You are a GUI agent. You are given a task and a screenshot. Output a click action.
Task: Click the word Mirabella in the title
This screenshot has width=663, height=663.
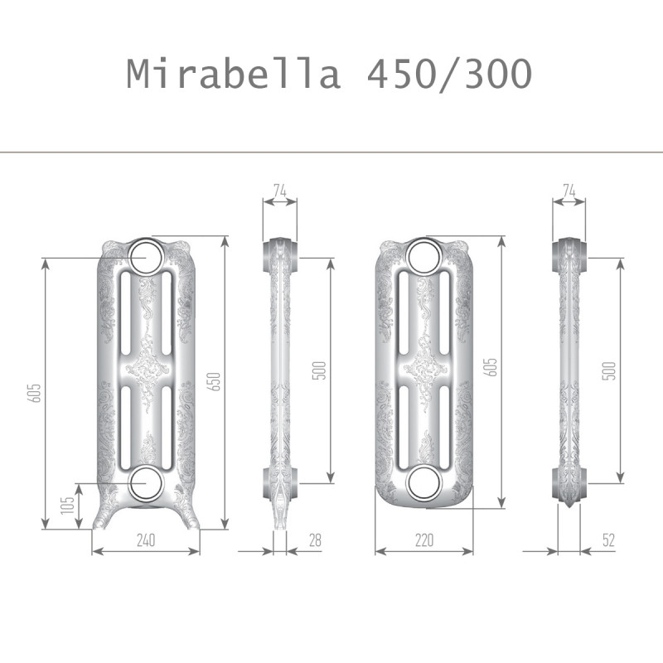click(234, 74)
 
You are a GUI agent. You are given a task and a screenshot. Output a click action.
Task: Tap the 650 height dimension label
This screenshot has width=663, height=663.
click(215, 381)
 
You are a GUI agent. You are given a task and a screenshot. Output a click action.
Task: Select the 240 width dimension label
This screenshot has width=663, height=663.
click(146, 540)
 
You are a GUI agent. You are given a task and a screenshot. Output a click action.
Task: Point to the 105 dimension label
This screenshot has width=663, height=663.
click(67, 506)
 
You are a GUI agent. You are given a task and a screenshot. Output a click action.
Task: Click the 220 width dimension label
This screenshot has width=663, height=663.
click(424, 540)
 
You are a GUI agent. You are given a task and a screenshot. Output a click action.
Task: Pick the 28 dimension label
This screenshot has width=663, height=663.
click(315, 540)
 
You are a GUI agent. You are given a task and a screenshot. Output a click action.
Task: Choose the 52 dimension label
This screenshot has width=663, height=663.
click(608, 540)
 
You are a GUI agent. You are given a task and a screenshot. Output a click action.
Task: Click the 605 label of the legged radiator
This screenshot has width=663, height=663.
click(34, 393)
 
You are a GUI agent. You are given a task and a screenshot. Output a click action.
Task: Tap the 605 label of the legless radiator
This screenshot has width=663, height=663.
click(491, 367)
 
